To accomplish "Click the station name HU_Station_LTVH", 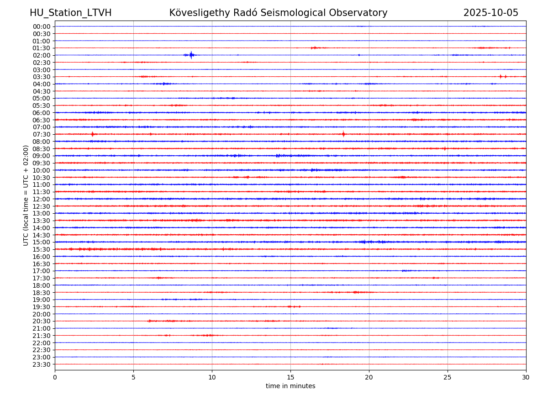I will click(x=70, y=13).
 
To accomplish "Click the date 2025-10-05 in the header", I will click(x=490, y=13).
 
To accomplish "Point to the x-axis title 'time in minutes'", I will click(x=290, y=386).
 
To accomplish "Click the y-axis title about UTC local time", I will click(x=26, y=195).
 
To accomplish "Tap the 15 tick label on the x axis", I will click(x=290, y=377).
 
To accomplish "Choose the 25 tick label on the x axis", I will click(x=448, y=377).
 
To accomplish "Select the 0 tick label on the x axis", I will click(x=55, y=377).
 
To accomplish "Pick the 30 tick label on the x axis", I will click(x=526, y=377).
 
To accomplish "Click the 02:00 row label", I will click(x=42, y=55).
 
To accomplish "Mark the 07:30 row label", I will click(x=42, y=134).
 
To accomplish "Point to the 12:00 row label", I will click(x=42, y=199).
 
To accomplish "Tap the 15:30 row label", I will click(x=42, y=249).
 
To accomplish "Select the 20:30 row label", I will click(x=42, y=321).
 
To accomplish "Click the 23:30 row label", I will click(x=42, y=364).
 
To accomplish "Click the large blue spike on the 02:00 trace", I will click(x=191, y=55).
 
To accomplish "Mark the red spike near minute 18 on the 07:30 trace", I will click(x=343, y=134).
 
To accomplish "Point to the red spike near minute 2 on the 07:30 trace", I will click(x=92, y=134).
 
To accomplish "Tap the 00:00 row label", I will click(x=42, y=26).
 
